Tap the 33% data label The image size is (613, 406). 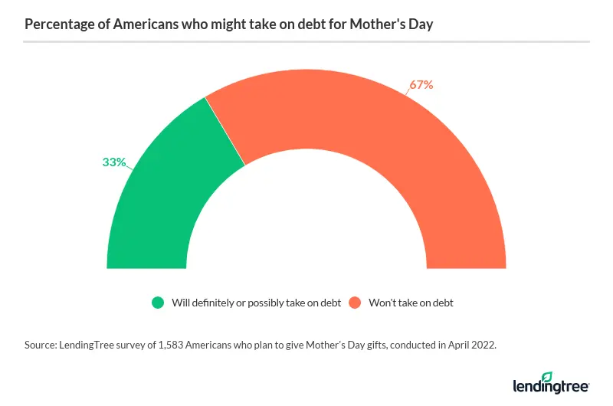[x=114, y=162]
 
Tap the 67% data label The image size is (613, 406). [x=421, y=85]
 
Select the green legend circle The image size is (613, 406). [x=158, y=303]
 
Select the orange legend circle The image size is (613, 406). [x=356, y=303]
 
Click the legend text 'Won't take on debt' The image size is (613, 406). [x=411, y=303]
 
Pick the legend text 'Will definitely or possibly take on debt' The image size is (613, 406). [x=256, y=303]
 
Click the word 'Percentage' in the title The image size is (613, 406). [x=56, y=24]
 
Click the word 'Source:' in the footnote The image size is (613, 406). [x=42, y=346]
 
